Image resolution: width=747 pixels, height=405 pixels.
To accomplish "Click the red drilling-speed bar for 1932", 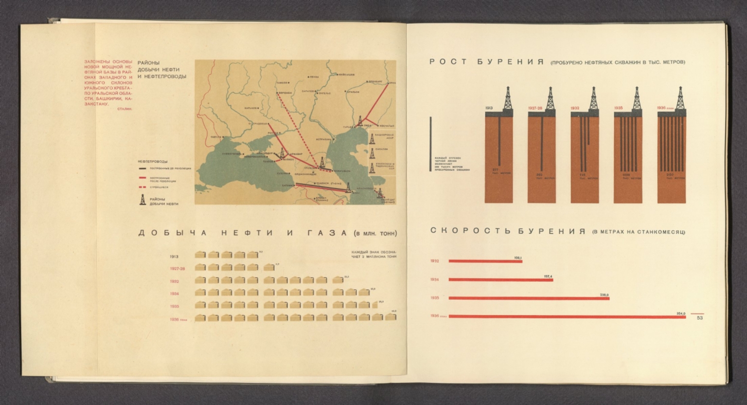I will [485, 261].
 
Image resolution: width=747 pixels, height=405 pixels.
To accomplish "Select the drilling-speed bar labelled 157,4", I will [500, 279].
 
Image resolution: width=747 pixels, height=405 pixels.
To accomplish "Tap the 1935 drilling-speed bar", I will [529, 298].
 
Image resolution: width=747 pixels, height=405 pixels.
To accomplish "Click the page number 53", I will [699, 318].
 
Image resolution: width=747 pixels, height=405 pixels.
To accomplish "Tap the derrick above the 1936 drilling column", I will [680, 99].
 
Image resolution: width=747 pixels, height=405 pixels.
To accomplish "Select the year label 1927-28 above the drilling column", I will [535, 108].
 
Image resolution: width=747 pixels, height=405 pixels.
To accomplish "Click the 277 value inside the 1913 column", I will [496, 170].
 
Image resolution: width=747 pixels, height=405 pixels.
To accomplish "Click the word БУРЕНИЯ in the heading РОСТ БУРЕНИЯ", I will [510, 62].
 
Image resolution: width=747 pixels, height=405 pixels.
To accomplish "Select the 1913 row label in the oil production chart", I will [174, 257].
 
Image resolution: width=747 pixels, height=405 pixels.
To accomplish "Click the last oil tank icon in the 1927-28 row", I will [268, 267].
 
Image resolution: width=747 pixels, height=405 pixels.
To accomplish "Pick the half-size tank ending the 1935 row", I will [375, 305].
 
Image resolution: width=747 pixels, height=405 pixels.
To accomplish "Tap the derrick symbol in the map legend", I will [142, 199].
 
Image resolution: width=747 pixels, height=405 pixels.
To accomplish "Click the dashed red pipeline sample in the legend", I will [142, 187].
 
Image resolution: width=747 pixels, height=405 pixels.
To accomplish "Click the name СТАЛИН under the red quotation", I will [125, 109].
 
